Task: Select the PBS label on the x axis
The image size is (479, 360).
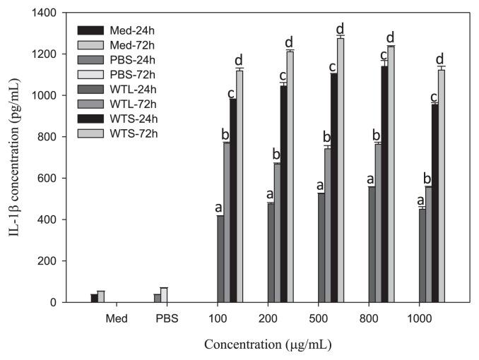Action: pos(167,318)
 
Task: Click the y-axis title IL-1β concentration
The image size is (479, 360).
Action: pos(15,157)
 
